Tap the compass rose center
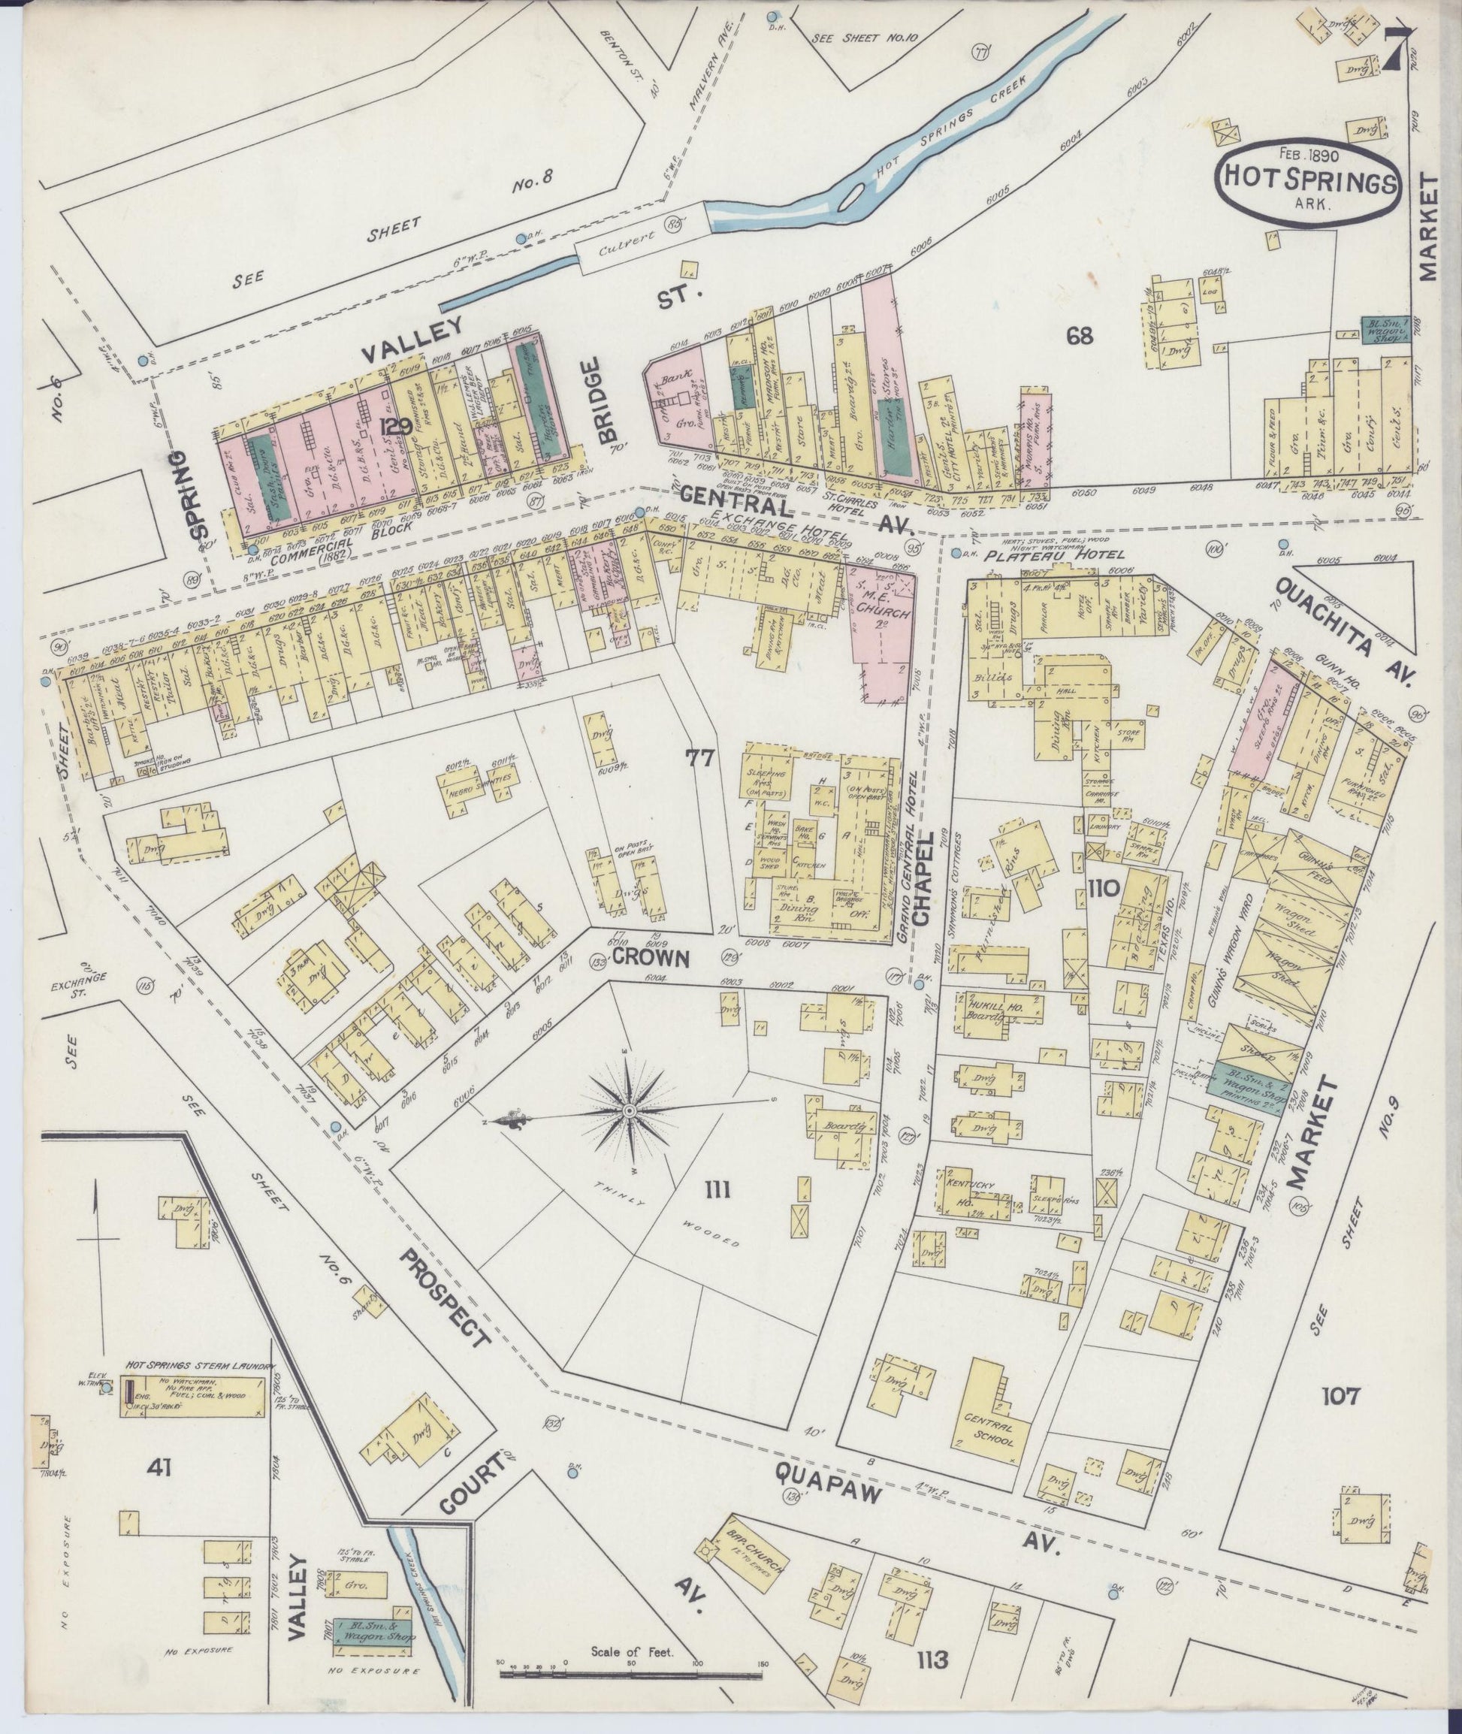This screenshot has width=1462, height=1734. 628,1109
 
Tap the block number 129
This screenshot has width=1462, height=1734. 395,427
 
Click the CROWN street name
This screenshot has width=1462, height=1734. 651,958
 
